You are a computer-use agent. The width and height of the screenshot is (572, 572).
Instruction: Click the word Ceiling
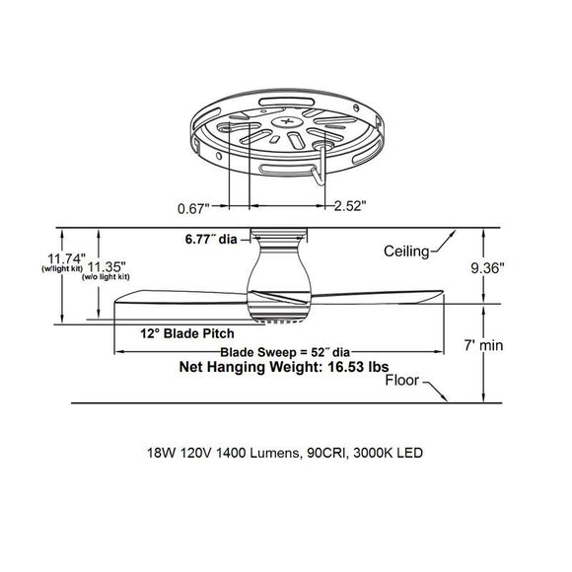(407, 251)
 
